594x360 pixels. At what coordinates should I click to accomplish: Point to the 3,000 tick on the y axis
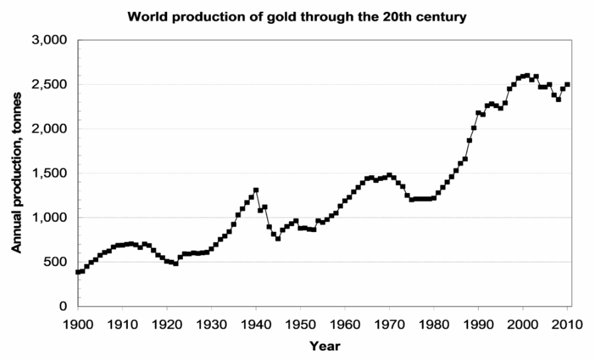coord(50,40)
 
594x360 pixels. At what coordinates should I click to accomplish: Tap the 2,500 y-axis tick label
coord(50,84)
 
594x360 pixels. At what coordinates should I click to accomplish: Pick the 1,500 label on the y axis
coord(50,173)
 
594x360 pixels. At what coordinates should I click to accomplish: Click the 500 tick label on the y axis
coord(57,262)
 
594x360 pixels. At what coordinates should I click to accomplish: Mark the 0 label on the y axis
coord(64,306)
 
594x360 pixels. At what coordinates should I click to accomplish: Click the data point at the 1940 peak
coord(256,190)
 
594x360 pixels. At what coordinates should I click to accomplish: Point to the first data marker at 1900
coord(78,272)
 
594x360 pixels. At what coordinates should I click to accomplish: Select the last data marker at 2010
coord(567,85)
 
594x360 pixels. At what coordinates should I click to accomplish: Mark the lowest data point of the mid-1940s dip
coord(278,239)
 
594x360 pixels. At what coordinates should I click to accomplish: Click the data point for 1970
coord(390,175)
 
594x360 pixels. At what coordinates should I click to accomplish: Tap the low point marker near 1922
coord(176,263)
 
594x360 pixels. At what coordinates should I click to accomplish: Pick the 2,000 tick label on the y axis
coord(50,129)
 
